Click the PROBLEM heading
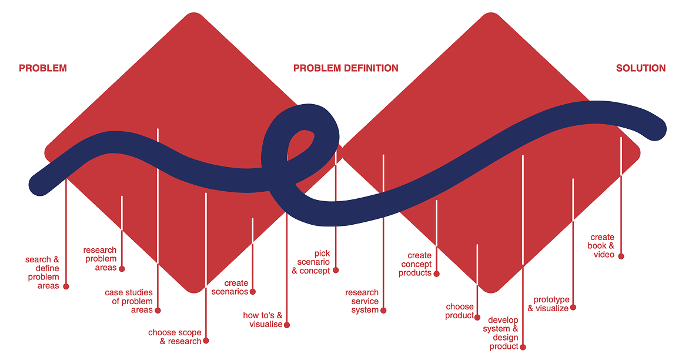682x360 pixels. click(x=43, y=68)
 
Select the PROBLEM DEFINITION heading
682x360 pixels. click(x=346, y=68)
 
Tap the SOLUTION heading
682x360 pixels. click(x=641, y=68)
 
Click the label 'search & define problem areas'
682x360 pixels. click(x=42, y=273)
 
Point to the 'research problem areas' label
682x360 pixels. click(x=100, y=259)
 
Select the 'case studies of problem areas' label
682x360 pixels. click(x=129, y=301)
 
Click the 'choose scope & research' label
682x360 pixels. click(x=175, y=337)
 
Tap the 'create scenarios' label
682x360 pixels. click(x=230, y=288)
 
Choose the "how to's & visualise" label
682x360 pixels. click(x=263, y=320)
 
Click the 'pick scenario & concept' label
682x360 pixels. click(x=312, y=262)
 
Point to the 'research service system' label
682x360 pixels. click(x=362, y=301)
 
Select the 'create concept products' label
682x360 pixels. click(x=416, y=264)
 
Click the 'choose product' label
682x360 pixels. click(x=460, y=311)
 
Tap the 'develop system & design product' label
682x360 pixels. click(x=501, y=333)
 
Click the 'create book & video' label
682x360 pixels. click(x=601, y=246)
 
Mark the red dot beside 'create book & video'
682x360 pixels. click(x=621, y=256)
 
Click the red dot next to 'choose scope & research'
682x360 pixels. click(x=206, y=341)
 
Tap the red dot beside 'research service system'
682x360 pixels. click(x=383, y=310)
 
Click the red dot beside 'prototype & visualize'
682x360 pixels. click(x=573, y=307)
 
